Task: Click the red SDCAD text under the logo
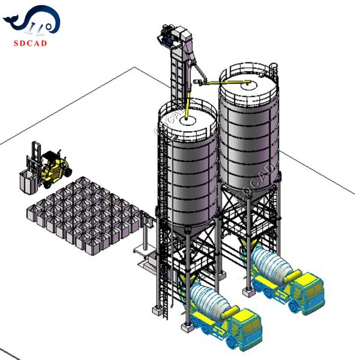tap(30, 43)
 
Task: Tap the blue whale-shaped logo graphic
tap(32, 20)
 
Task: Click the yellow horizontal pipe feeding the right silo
tap(225, 82)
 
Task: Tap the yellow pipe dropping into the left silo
tap(187, 106)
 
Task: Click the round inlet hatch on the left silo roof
tap(188, 120)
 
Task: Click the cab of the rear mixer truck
tap(310, 290)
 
